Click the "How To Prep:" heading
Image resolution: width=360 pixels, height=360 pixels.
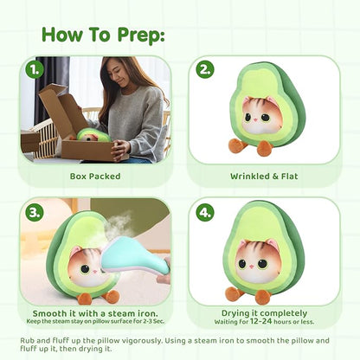click(x=103, y=35)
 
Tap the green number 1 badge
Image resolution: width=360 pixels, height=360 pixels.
click(x=35, y=70)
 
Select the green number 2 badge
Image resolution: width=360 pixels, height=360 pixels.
click(x=205, y=69)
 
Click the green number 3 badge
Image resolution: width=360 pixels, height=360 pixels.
click(x=35, y=213)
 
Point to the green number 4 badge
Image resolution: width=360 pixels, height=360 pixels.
click(x=205, y=213)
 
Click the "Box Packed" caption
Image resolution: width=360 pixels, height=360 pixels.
click(x=95, y=177)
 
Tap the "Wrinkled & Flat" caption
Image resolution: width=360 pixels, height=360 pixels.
click(x=264, y=177)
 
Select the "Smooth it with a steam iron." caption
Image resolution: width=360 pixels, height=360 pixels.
click(x=95, y=313)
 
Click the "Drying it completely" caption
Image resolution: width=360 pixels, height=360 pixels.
click(x=264, y=313)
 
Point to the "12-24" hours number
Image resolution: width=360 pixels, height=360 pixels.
click(x=261, y=321)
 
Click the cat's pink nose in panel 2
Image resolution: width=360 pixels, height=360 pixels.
click(x=254, y=119)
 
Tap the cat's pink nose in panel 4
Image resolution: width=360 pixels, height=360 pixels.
click(x=252, y=265)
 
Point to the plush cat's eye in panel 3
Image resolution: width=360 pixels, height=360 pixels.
click(x=85, y=269)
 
